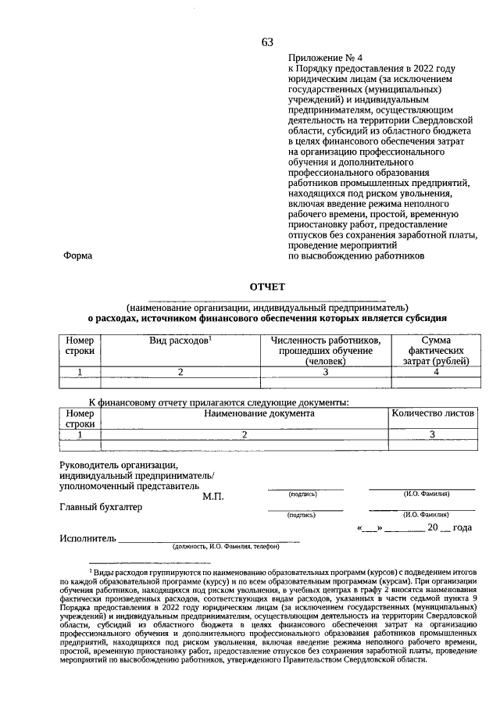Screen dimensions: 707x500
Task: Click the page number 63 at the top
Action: pyautogui.click(x=267, y=42)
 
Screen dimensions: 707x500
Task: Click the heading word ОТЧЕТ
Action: pyautogui.click(x=267, y=287)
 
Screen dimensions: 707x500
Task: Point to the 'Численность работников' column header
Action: pyautogui.click(x=326, y=341)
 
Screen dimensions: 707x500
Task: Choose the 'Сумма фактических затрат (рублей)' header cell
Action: pyautogui.click(x=436, y=351)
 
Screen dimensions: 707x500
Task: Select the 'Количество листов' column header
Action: pyautogui.click(x=433, y=413)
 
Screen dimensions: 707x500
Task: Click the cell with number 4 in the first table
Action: pyautogui.click(x=436, y=372)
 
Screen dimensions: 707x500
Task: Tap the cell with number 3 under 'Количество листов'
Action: pyautogui.click(x=432, y=434)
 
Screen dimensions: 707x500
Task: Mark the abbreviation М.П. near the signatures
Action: pyautogui.click(x=213, y=496)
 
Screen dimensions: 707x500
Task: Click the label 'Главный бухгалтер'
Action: pyautogui.click(x=102, y=507)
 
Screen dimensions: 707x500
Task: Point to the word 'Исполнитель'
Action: pyautogui.click(x=87, y=538)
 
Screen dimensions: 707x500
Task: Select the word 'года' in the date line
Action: pyautogui.click(x=462, y=528)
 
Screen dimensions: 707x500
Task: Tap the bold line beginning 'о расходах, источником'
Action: pyautogui.click(x=267, y=318)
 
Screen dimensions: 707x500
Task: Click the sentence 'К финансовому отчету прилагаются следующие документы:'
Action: pyautogui.click(x=218, y=402)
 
